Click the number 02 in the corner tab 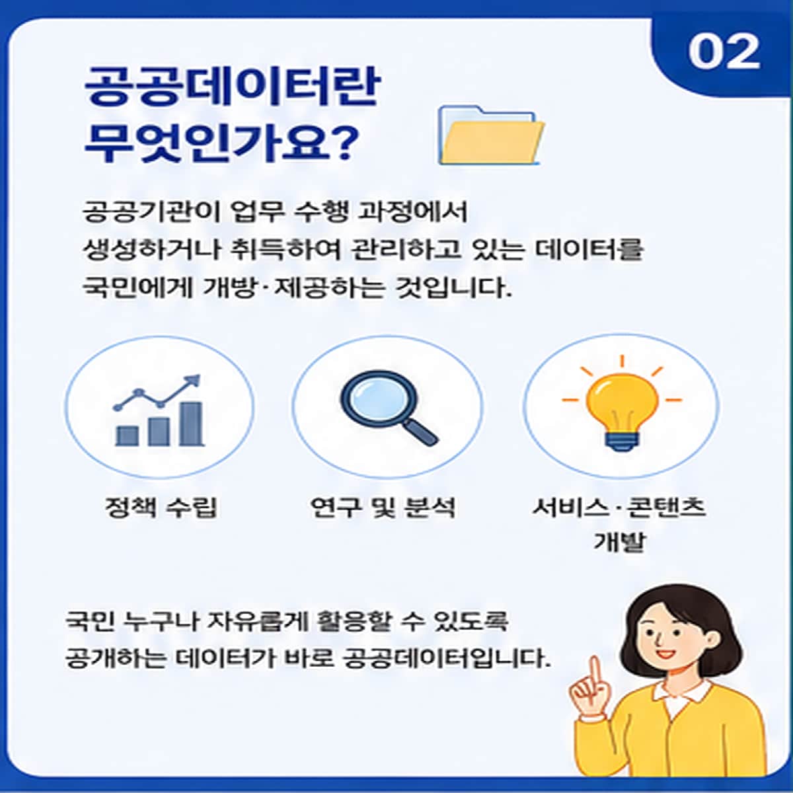click(724, 52)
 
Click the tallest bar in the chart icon click(192, 424)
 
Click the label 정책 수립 click(161, 507)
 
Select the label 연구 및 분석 click(383, 507)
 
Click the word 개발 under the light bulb click(619, 542)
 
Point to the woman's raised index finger click(595, 674)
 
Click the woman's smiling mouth click(665, 653)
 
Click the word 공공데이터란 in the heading click(231, 87)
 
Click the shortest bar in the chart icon click(127, 436)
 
